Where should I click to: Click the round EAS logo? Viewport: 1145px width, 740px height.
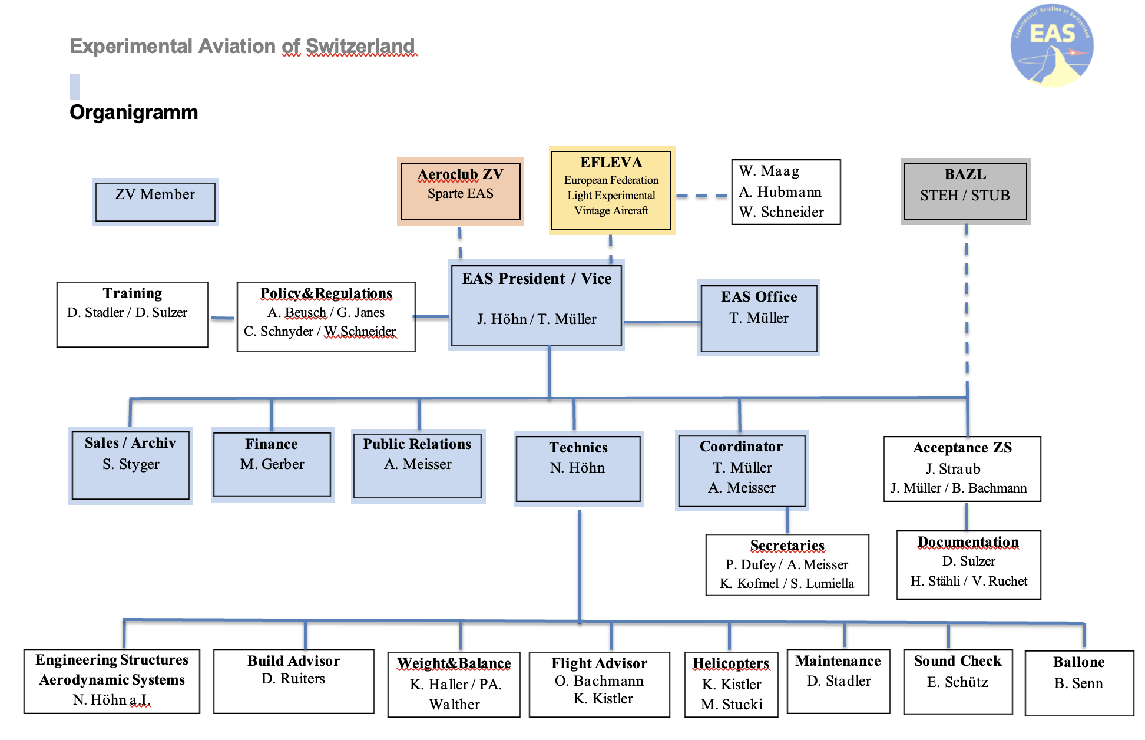(1052, 46)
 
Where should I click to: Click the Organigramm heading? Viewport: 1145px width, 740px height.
(134, 112)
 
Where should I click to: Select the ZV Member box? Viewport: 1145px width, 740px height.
(155, 201)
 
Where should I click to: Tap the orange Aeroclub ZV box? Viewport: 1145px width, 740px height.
(460, 191)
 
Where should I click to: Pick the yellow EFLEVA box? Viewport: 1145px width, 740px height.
(611, 190)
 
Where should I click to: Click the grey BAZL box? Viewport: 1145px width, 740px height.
(965, 191)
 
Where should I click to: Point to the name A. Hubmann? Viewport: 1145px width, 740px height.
(780, 192)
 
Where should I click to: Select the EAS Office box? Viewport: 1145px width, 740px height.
(759, 318)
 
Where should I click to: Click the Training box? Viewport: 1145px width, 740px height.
(133, 314)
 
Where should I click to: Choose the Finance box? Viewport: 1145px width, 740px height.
(272, 464)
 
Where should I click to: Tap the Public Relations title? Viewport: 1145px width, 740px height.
(417, 444)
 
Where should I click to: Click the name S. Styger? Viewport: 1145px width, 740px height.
(131, 464)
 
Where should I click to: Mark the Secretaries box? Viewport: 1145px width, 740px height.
(787, 564)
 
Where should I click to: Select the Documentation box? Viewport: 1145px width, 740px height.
(968, 564)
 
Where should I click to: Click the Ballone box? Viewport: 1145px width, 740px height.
(1079, 682)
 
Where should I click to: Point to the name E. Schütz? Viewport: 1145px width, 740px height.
(958, 682)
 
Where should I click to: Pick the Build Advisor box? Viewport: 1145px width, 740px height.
(293, 681)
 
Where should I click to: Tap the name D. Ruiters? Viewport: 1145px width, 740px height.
(293, 679)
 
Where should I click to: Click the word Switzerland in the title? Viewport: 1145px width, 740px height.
(360, 46)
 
